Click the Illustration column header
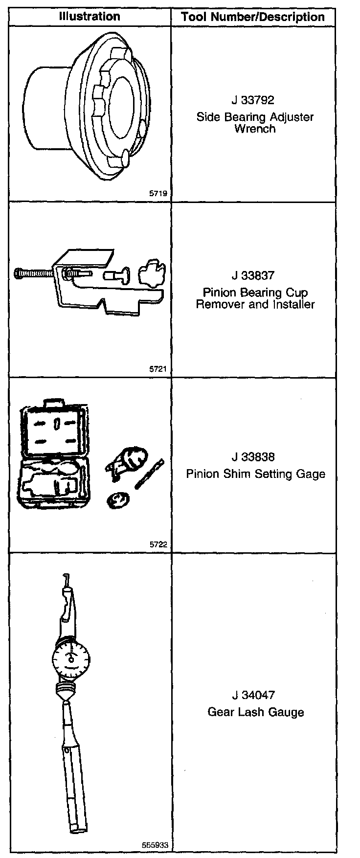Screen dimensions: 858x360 (89, 16)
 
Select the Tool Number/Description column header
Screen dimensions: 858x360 (252, 17)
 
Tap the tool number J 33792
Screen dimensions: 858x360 (253, 100)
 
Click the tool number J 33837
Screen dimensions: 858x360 (253, 276)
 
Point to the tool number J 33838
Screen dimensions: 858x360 (253, 457)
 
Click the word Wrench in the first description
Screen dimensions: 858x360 (255, 129)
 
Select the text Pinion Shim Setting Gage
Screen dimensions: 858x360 (255, 474)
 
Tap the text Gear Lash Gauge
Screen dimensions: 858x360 (255, 712)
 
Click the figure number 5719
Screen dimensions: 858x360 (158, 194)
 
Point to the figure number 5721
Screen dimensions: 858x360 (158, 370)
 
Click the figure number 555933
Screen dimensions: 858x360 (155, 845)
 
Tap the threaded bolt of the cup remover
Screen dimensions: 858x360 (34, 272)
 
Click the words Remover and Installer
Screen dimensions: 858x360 (255, 304)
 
